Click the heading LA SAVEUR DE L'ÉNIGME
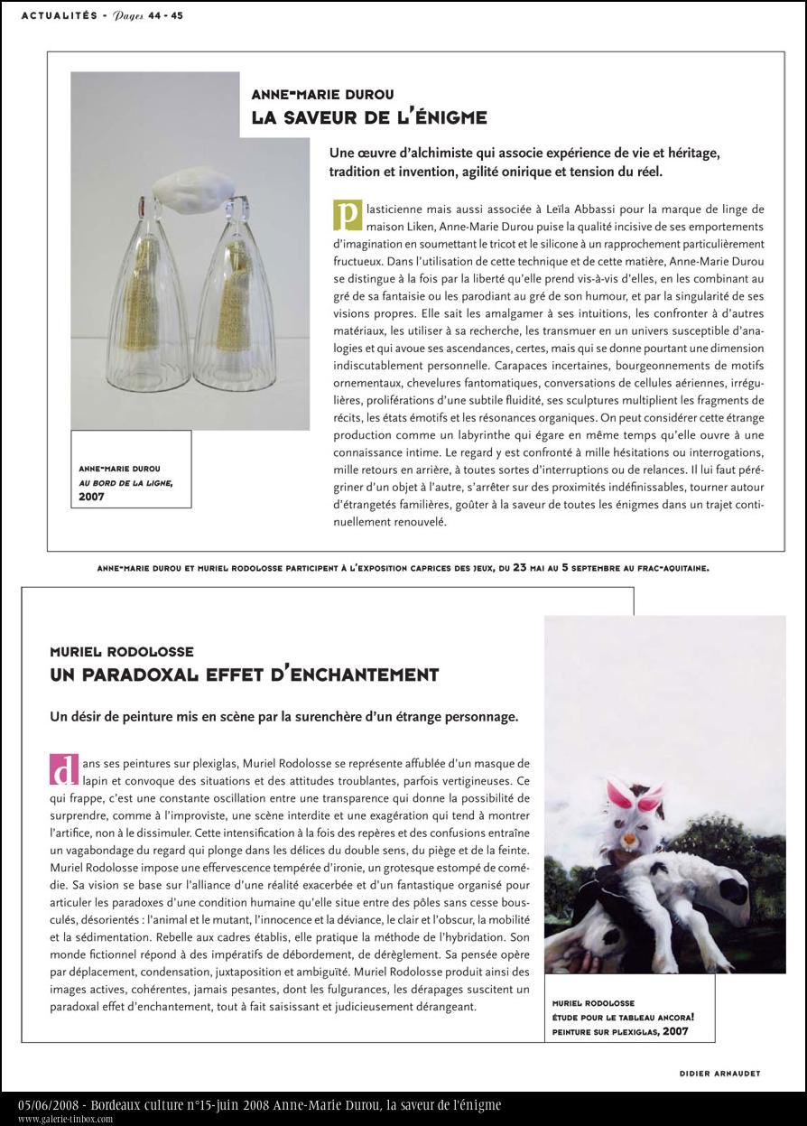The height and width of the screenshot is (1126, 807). pos(369,116)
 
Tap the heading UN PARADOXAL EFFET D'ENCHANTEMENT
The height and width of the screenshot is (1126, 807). pos(245,674)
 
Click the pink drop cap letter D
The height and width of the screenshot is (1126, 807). pos(60,769)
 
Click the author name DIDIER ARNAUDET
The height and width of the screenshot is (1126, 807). pos(719,1073)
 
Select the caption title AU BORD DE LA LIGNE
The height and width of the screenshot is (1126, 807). pos(125,482)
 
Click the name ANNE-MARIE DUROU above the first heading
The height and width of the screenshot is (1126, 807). pos(311,94)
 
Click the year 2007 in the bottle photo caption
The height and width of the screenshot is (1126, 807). pos(92,496)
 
